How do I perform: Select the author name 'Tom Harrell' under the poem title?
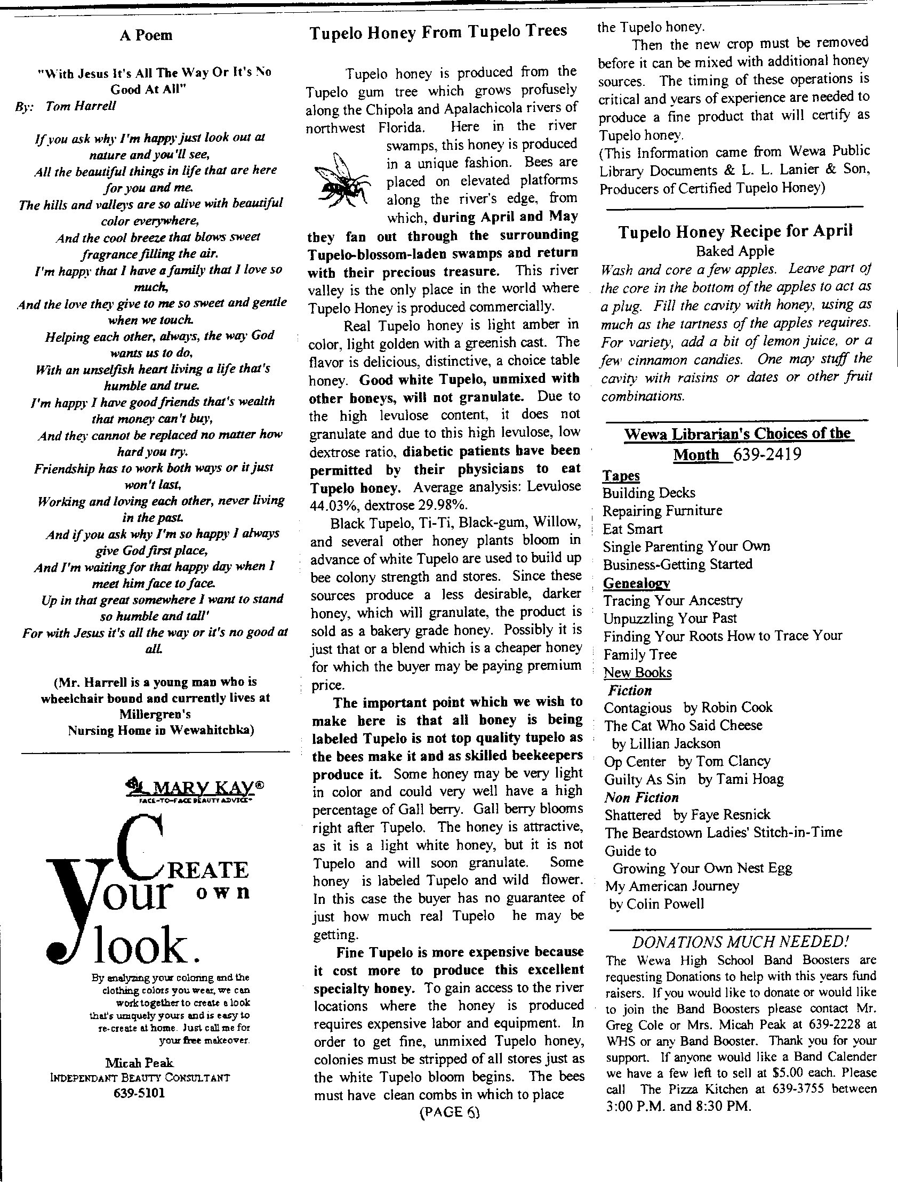(x=81, y=106)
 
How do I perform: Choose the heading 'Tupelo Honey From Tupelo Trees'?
(x=438, y=31)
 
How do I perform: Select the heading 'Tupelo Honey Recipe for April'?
(x=735, y=231)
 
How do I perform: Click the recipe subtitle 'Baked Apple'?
(x=735, y=251)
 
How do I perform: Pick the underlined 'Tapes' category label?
(x=621, y=476)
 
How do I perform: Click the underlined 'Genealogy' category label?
(x=636, y=583)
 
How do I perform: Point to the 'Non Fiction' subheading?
(x=641, y=797)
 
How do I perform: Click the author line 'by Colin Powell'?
(x=656, y=904)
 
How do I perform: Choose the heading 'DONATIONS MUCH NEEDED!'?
(x=740, y=942)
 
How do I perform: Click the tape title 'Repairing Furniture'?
(x=662, y=510)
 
